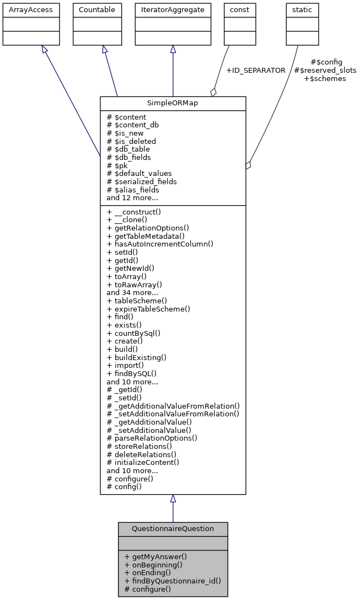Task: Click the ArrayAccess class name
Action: click(23, 10)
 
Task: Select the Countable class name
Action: click(97, 10)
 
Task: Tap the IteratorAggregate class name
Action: click(173, 10)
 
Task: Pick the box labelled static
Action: click(298, 10)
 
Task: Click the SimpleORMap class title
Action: click(173, 104)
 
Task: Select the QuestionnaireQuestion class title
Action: click(173, 528)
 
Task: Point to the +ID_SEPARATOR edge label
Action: click(256, 71)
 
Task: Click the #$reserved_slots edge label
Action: click(325, 71)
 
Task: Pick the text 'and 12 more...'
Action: click(132, 197)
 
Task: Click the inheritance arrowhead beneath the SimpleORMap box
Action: click(173, 499)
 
